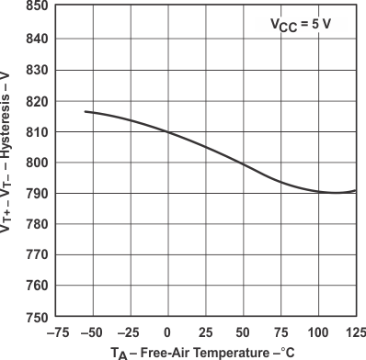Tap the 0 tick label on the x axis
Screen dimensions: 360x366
[166, 332]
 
